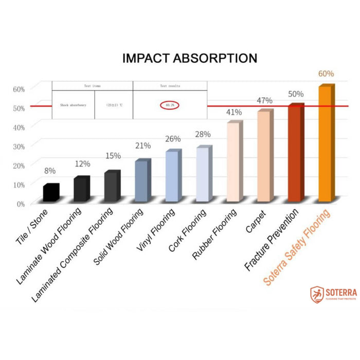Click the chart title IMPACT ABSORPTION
(190, 59)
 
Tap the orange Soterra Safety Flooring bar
(326, 143)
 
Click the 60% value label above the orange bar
(326, 74)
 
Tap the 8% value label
(50, 171)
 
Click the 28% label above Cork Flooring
(203, 135)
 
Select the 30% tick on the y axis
(19, 146)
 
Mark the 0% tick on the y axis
(20, 204)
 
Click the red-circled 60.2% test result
(170, 105)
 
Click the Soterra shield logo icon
(317, 295)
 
